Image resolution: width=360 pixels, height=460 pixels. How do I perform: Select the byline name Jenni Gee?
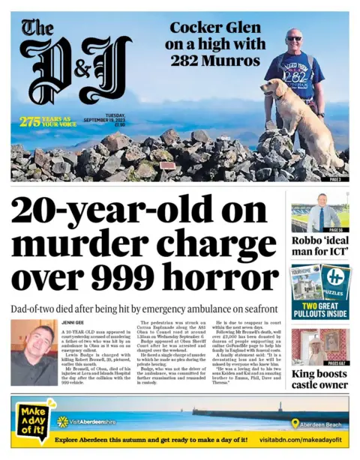(74, 322)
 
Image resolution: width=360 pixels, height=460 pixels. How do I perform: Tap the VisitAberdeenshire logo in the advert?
(88, 423)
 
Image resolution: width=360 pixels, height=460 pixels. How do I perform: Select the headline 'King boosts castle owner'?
(319, 378)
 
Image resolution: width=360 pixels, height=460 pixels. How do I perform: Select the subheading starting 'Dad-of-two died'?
(145, 308)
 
